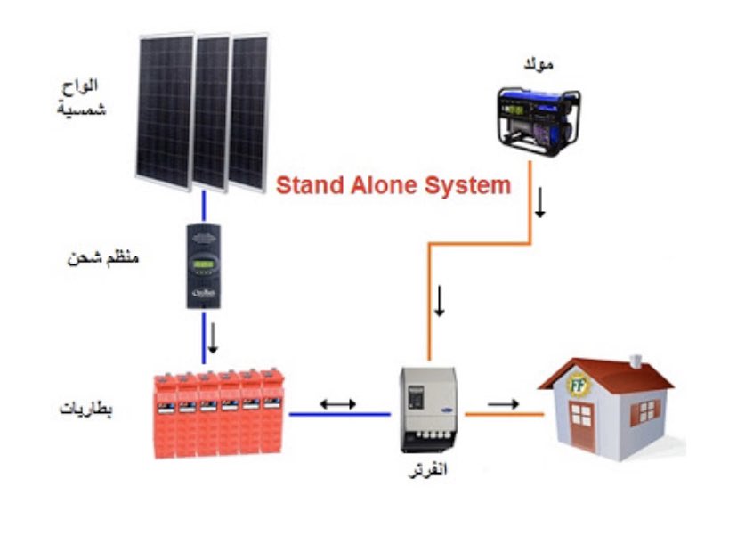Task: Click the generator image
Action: pyautogui.click(x=538, y=116)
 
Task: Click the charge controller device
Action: pyautogui.click(x=204, y=264)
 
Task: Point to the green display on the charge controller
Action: pyautogui.click(x=204, y=264)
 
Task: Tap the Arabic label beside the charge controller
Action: pyautogui.click(x=104, y=259)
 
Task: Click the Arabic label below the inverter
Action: pyautogui.click(x=426, y=468)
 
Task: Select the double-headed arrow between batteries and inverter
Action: pyautogui.click(x=337, y=403)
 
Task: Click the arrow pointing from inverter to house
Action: pyautogui.click(x=503, y=403)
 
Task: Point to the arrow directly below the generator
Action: pyautogui.click(x=539, y=207)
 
